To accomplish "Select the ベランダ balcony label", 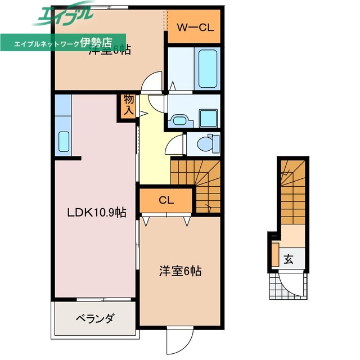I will coord(94,318).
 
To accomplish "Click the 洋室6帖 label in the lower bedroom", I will coord(179,271).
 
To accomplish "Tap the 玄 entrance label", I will coord(289,260).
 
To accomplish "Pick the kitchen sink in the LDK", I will coord(63,142).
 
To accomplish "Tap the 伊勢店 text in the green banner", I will coord(97,42).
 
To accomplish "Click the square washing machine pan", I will coord(209,118).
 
